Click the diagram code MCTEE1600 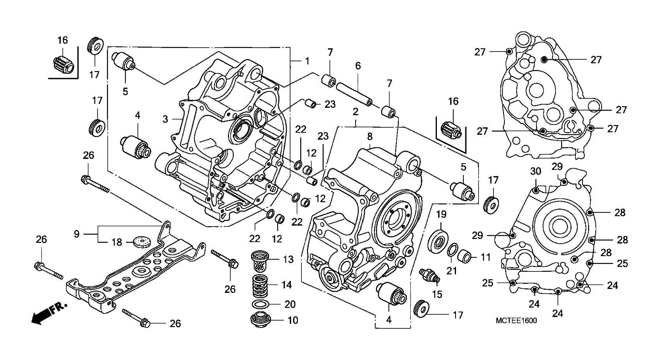(x=516, y=321)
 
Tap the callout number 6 (x=358, y=66)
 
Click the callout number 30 (x=536, y=171)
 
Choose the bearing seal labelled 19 (x=440, y=241)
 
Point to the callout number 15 (x=437, y=294)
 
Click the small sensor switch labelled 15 (x=428, y=274)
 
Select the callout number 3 (x=165, y=119)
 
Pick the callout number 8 (x=370, y=136)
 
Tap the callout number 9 (x=77, y=234)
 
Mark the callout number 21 (x=452, y=270)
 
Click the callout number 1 (x=307, y=61)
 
